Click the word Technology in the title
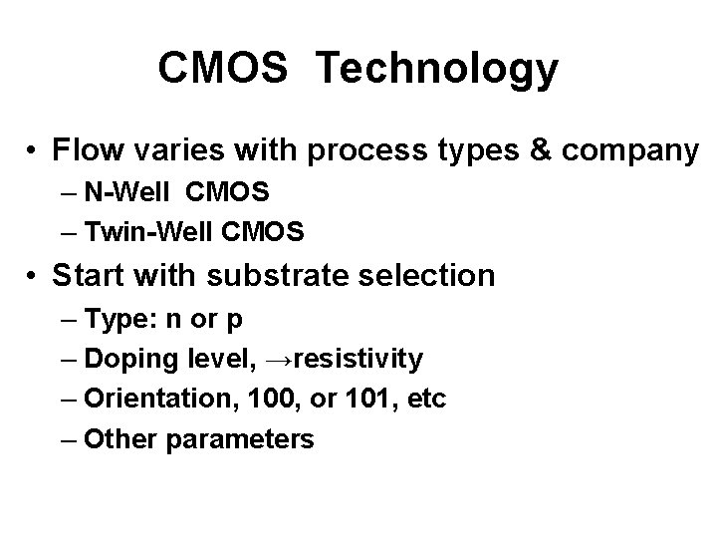438,70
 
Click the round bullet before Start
34,275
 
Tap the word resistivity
361,359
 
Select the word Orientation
147,399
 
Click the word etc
423,399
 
